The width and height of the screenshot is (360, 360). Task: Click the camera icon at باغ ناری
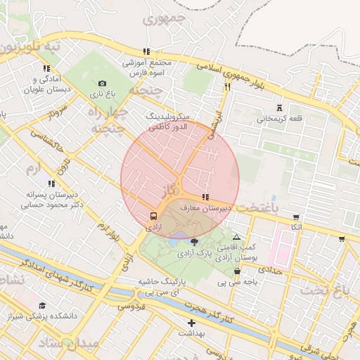[x=103, y=83]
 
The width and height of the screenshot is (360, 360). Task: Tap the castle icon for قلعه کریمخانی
[x=281, y=108]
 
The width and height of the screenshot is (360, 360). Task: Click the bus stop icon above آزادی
[x=153, y=216]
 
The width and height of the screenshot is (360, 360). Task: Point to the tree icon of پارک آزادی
[x=194, y=241]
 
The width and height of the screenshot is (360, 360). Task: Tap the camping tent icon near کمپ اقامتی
[x=236, y=238]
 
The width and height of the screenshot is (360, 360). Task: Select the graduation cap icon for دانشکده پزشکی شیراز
[x=43, y=305]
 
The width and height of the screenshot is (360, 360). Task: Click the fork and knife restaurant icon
[x=227, y=87]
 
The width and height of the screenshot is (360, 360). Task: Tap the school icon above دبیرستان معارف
[x=205, y=198]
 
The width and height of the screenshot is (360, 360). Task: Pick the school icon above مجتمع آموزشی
[x=146, y=51]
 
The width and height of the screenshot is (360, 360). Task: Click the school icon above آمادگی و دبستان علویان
[x=46, y=69]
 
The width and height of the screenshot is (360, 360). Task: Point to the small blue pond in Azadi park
[x=173, y=241]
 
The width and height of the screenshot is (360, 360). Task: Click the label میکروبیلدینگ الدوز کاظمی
[x=166, y=120]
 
